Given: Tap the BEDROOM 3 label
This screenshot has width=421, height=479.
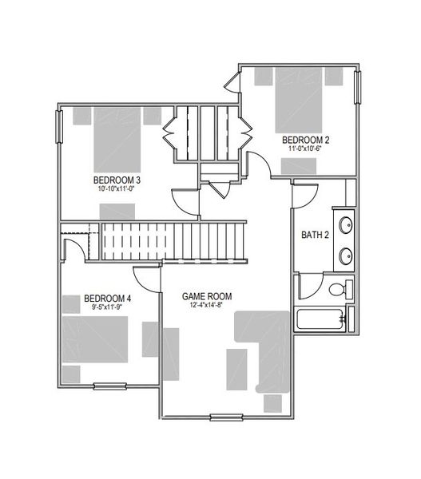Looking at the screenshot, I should coord(118,179).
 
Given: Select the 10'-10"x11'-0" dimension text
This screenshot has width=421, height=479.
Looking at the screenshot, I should coord(118,189).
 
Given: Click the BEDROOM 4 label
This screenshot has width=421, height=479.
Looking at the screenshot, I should coord(107,299).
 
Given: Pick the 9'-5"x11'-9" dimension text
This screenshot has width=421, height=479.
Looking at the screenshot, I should coord(107,309).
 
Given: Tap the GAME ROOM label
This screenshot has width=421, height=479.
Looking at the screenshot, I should coord(209,294).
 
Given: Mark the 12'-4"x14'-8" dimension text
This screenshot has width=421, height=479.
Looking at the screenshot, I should coord(209,304).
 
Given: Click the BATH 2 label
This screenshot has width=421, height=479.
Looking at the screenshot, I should coord(315,236).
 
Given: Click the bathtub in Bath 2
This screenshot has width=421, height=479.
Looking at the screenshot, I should coord(322,320).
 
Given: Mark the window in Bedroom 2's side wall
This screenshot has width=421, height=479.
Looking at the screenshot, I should coord(358,88).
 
